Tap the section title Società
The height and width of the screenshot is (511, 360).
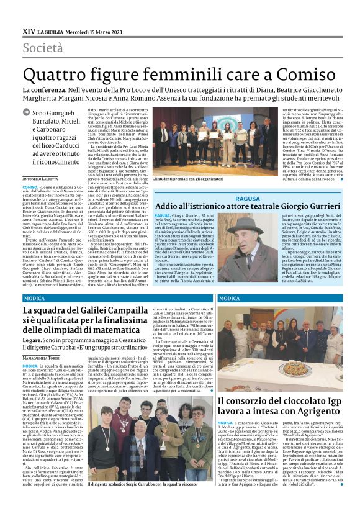pos(43,47)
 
